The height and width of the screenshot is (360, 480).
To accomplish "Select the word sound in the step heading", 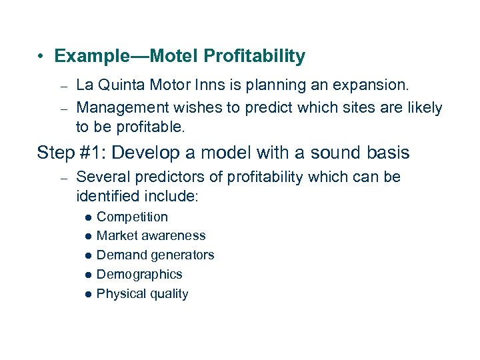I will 332,153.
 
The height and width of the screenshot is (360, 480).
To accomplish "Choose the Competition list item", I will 132,217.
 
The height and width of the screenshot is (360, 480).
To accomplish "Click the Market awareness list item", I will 151,235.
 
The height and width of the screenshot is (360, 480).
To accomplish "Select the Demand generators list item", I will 155,255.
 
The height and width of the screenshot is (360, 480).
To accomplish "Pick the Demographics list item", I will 139,274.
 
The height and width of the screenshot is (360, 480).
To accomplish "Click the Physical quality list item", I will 142,293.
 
